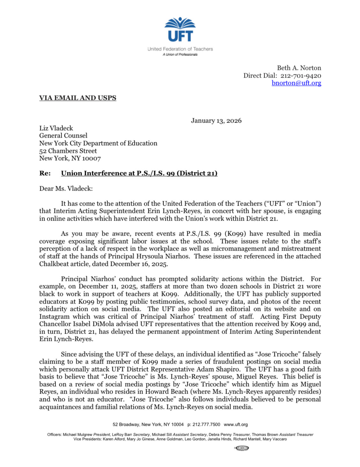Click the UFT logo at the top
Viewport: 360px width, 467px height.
180,30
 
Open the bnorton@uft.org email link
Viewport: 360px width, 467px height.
296,83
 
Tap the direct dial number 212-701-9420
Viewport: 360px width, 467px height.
301,76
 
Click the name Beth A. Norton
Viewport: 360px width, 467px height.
299,68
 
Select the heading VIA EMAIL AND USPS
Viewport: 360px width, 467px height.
78,98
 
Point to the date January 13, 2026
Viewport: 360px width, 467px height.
216,121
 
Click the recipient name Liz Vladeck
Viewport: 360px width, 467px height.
56,128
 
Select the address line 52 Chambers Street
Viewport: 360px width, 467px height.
68,151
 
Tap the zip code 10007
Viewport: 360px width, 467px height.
91,158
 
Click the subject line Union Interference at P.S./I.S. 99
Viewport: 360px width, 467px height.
139,173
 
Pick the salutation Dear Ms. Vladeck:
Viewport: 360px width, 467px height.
66,189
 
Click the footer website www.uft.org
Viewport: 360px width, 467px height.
236,425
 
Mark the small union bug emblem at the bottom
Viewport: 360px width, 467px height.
242,448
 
